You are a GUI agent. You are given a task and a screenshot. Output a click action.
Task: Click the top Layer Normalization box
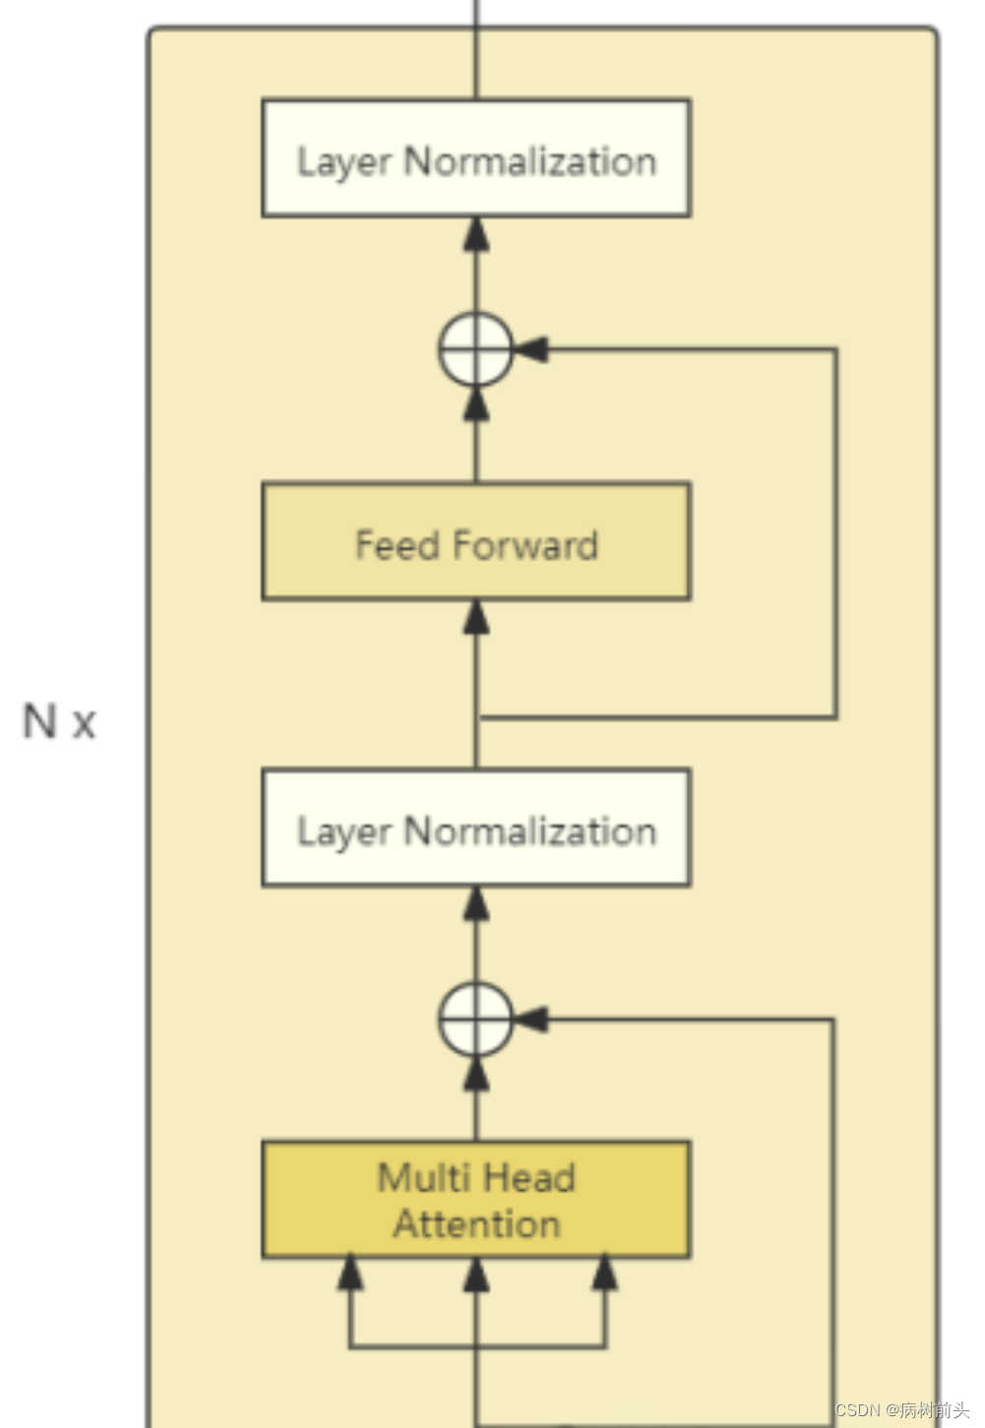[476, 158]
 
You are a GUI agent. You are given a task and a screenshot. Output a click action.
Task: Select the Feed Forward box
[476, 542]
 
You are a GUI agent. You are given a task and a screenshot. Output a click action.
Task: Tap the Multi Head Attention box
[476, 1200]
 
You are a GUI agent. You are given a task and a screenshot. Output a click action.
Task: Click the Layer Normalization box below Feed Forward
[476, 829]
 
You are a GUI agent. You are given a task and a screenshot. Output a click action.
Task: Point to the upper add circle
[475, 349]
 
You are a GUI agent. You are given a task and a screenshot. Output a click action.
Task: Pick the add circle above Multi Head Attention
[475, 1020]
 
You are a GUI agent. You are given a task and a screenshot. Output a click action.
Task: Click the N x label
[59, 721]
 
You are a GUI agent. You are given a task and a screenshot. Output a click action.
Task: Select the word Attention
[476, 1224]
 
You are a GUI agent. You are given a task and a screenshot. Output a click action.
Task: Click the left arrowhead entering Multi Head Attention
[349, 1273]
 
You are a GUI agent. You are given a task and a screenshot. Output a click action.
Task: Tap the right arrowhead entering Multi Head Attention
[604, 1273]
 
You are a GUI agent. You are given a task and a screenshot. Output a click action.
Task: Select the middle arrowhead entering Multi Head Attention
[476, 1273]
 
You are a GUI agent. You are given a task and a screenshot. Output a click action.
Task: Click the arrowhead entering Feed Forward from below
[476, 616]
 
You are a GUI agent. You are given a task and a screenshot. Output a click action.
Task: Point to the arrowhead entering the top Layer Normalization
[476, 233]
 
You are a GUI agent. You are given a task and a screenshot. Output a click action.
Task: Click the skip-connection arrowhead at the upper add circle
[529, 349]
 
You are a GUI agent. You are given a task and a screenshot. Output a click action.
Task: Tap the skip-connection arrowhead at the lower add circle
[529, 1020]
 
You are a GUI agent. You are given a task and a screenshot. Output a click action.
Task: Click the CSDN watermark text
[901, 1409]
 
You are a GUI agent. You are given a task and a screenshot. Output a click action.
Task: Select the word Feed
[397, 545]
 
